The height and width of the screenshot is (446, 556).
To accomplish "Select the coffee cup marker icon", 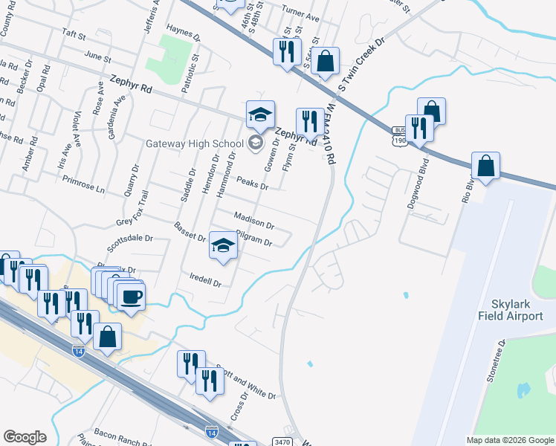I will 131,296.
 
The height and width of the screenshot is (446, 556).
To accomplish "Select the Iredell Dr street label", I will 206,283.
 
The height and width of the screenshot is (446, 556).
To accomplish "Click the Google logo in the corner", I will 25,437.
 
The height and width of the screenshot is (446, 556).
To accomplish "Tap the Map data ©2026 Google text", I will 510,440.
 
